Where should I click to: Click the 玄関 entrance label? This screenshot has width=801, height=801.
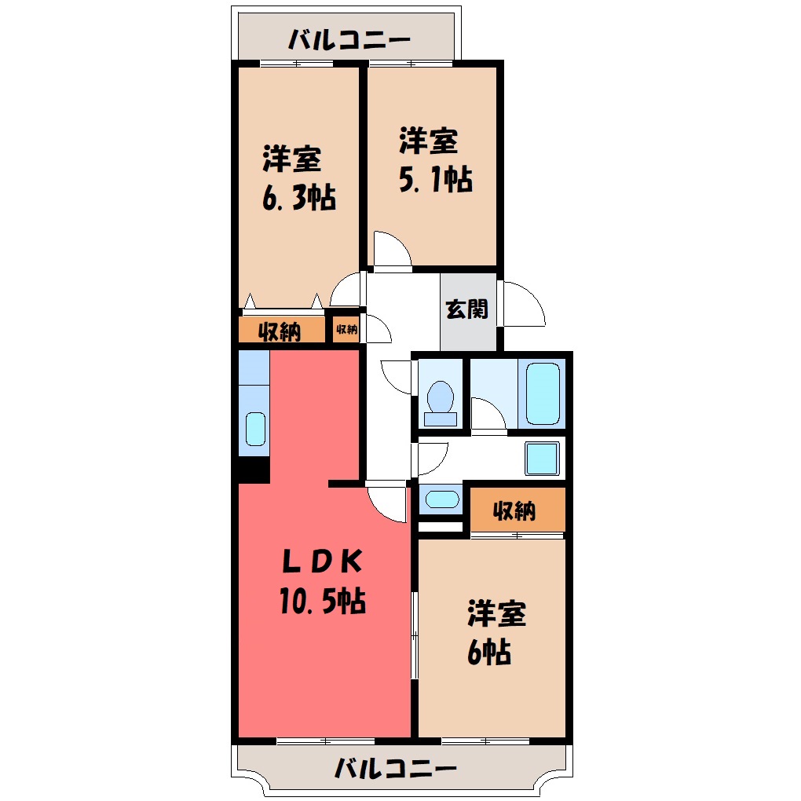467,309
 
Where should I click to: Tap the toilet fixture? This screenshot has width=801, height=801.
441,403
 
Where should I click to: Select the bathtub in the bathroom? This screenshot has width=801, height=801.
543,393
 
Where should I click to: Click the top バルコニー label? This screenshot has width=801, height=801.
349,39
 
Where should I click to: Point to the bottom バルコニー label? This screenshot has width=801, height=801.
395,768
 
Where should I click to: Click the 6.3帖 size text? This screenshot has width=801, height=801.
299,198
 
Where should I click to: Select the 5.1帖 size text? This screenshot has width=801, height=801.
435,179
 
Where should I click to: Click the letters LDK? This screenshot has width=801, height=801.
323,561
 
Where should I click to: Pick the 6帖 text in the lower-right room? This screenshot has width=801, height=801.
489,652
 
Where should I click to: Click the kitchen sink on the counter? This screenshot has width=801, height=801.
255,429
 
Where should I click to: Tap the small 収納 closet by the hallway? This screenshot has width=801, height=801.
346,330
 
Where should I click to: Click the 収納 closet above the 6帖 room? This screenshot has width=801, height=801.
518,510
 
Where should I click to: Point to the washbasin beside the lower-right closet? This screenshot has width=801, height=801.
442,499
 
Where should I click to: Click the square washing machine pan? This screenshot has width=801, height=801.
542,459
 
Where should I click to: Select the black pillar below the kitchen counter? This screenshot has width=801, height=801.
254,470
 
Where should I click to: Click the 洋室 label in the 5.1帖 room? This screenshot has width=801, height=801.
428,141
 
